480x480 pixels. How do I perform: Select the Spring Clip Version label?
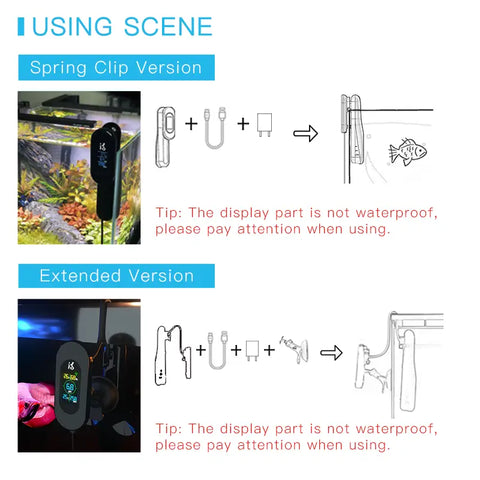(x=116, y=68)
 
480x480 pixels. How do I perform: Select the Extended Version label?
(x=116, y=275)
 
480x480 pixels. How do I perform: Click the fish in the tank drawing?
(x=408, y=150)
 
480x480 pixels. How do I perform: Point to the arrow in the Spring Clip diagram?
(x=304, y=134)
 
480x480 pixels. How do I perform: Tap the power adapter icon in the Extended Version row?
(x=251, y=350)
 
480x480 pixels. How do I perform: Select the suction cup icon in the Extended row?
(x=296, y=349)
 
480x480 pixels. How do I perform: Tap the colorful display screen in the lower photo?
(x=70, y=385)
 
